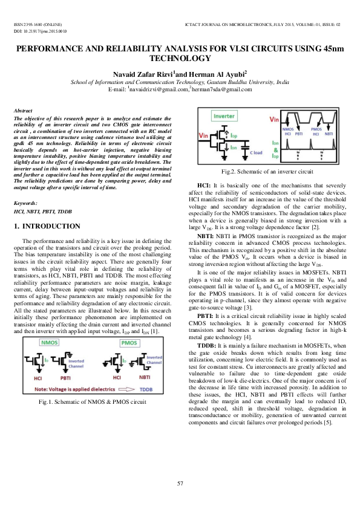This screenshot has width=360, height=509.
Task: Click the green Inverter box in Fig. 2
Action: (x=224, y=114)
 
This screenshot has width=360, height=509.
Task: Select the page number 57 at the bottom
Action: (x=180, y=483)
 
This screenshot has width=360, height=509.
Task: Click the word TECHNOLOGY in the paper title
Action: (x=180, y=59)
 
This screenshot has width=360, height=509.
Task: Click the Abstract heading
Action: (x=23, y=111)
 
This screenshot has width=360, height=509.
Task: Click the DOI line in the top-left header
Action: (x=39, y=30)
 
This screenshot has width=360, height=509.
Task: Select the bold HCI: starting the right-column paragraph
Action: (x=205, y=184)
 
